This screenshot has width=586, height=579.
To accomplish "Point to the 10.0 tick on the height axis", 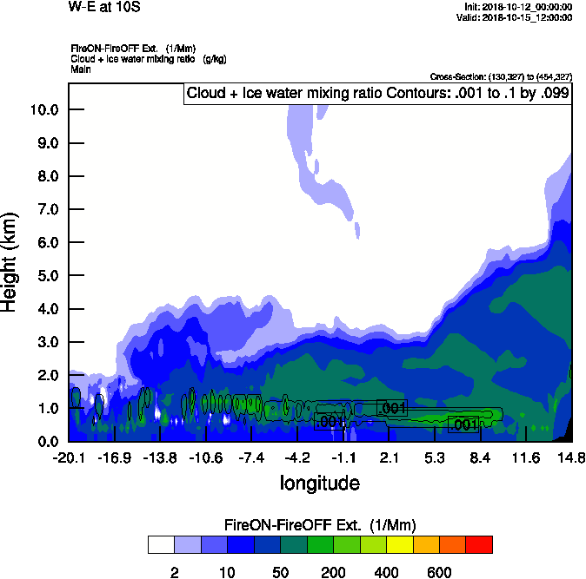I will click(43, 110).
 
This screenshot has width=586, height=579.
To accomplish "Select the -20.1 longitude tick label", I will click(69, 457).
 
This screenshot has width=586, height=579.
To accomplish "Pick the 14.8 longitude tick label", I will click(571, 457).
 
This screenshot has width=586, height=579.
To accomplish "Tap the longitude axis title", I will click(319, 482).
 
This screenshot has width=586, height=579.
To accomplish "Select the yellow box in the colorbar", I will click(399, 544).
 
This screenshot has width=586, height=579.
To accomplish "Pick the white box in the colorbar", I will click(160, 544).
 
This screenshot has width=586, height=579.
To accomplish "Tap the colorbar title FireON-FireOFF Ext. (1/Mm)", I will click(320, 525).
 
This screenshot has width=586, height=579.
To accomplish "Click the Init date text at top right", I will click(518, 7).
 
